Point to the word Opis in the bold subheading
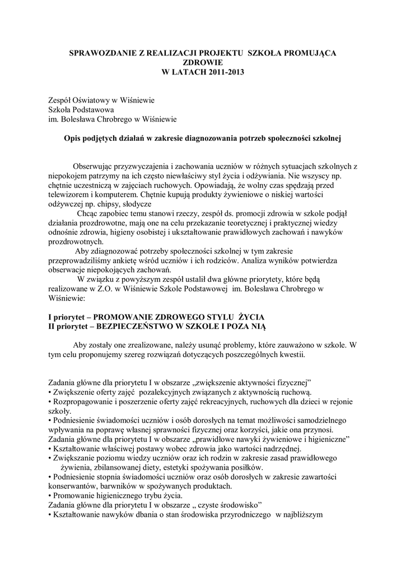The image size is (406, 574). point(72,138)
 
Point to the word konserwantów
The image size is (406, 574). point(71,485)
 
